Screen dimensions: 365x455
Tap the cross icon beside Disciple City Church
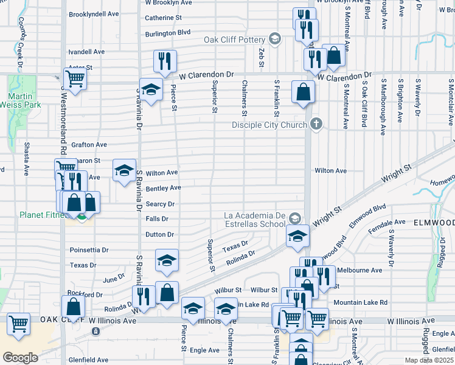(x=315, y=125)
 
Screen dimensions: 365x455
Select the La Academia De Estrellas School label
(x=255, y=218)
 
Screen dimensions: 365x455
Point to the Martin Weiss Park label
(x=24, y=100)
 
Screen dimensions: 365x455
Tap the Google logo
(x=20, y=357)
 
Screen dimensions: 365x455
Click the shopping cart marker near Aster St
(x=75, y=78)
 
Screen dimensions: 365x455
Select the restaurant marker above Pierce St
(x=165, y=61)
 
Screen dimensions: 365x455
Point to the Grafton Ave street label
(x=89, y=145)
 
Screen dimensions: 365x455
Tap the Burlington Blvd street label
(x=167, y=32)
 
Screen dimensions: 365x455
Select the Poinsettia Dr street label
(x=89, y=250)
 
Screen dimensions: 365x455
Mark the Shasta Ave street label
(x=27, y=164)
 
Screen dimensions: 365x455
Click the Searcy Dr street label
(x=160, y=204)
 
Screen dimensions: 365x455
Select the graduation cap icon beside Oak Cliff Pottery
(x=274, y=40)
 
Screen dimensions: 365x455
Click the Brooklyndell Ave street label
(x=96, y=14)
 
